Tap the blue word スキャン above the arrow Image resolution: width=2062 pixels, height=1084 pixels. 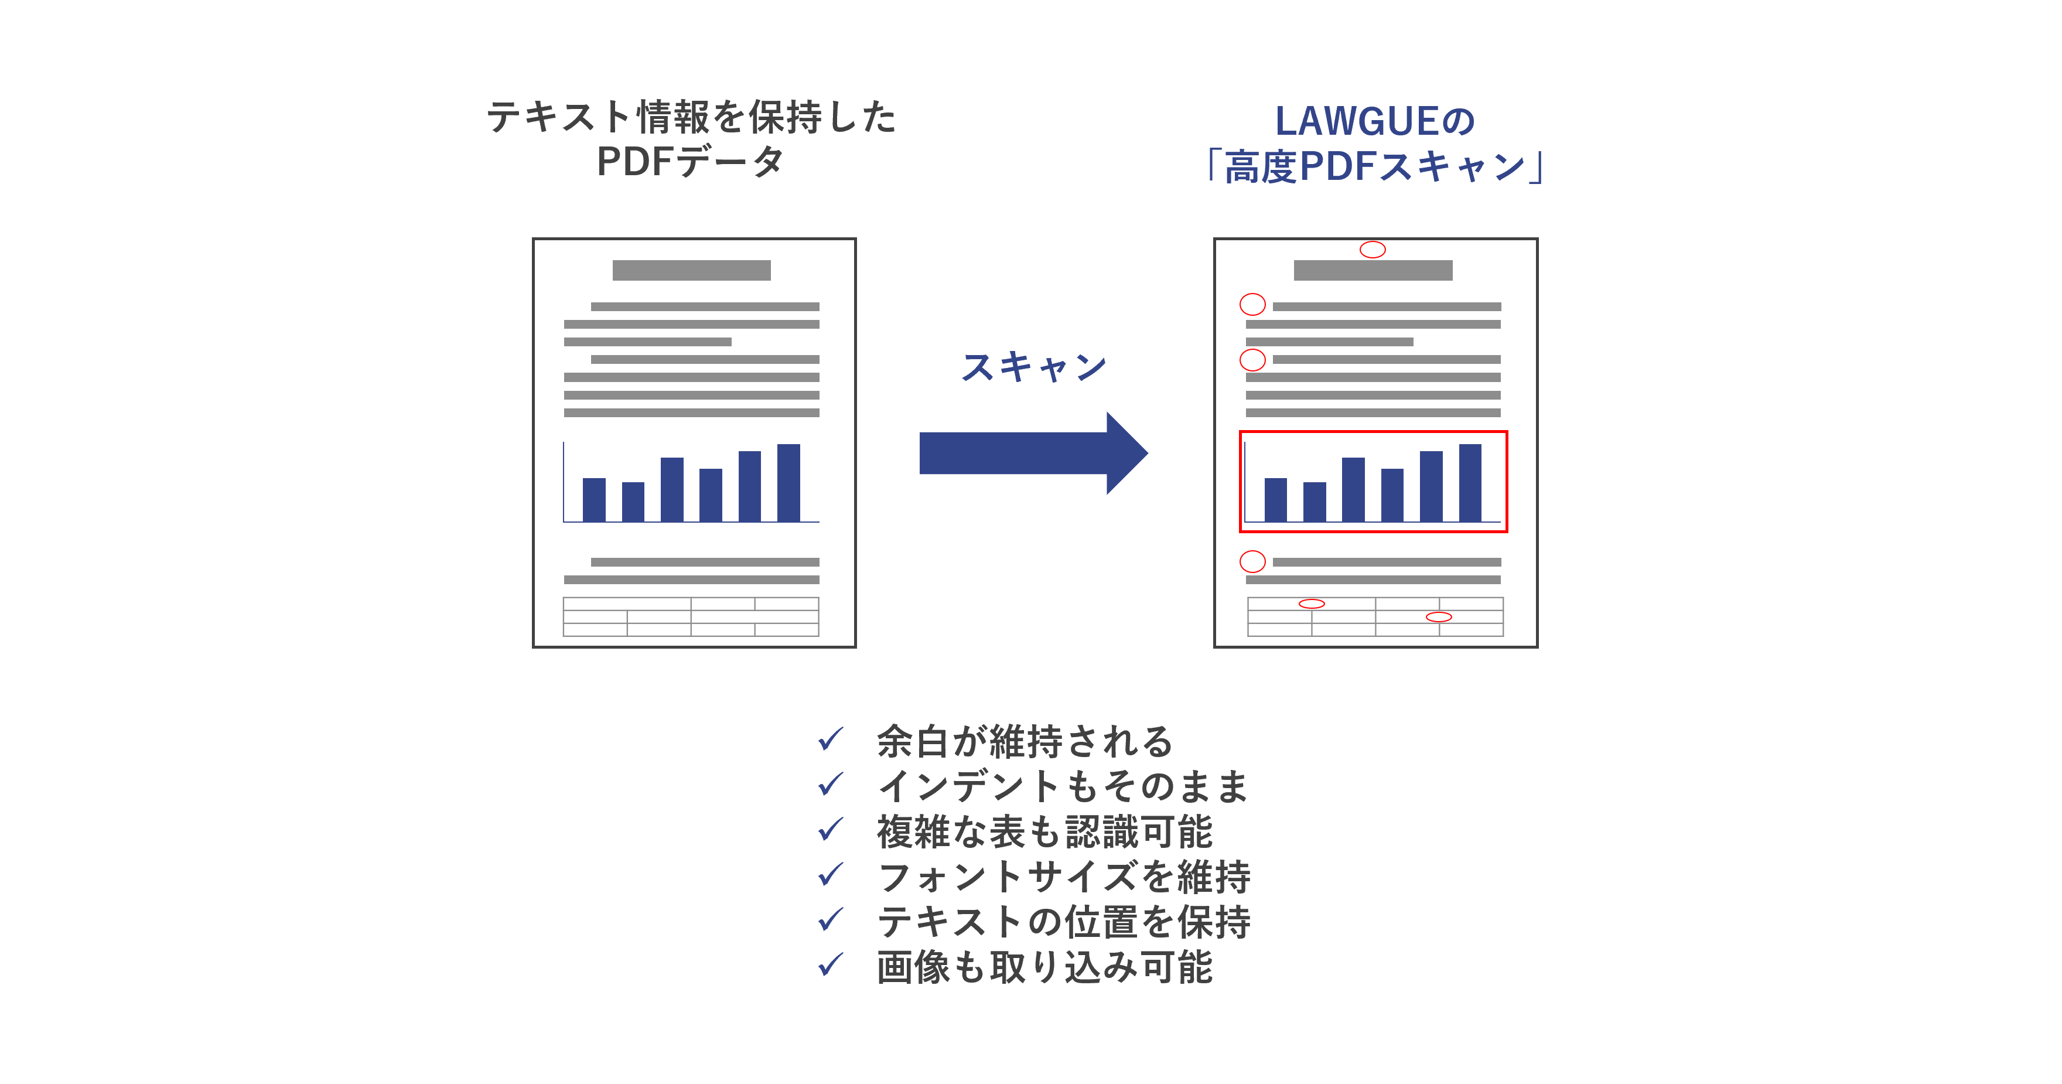[1033, 367]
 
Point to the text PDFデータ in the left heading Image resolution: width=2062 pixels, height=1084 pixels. [690, 162]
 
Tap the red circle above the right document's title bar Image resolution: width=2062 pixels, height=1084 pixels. [1372, 250]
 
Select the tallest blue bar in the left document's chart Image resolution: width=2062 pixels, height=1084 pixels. [788, 483]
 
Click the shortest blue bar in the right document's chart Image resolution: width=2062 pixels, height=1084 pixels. [1315, 502]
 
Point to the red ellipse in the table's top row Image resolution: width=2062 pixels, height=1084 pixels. [1311, 604]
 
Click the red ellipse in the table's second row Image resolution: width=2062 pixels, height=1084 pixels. [1439, 616]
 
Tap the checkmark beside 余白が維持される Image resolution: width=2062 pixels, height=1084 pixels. [830, 739]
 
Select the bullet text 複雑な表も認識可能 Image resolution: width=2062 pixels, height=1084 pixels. [1044, 831]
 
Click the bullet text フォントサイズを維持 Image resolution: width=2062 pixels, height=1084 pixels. [1064, 876]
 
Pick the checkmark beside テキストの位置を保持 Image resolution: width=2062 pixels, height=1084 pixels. [830, 920]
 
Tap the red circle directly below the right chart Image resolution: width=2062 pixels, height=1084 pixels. [1252, 561]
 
